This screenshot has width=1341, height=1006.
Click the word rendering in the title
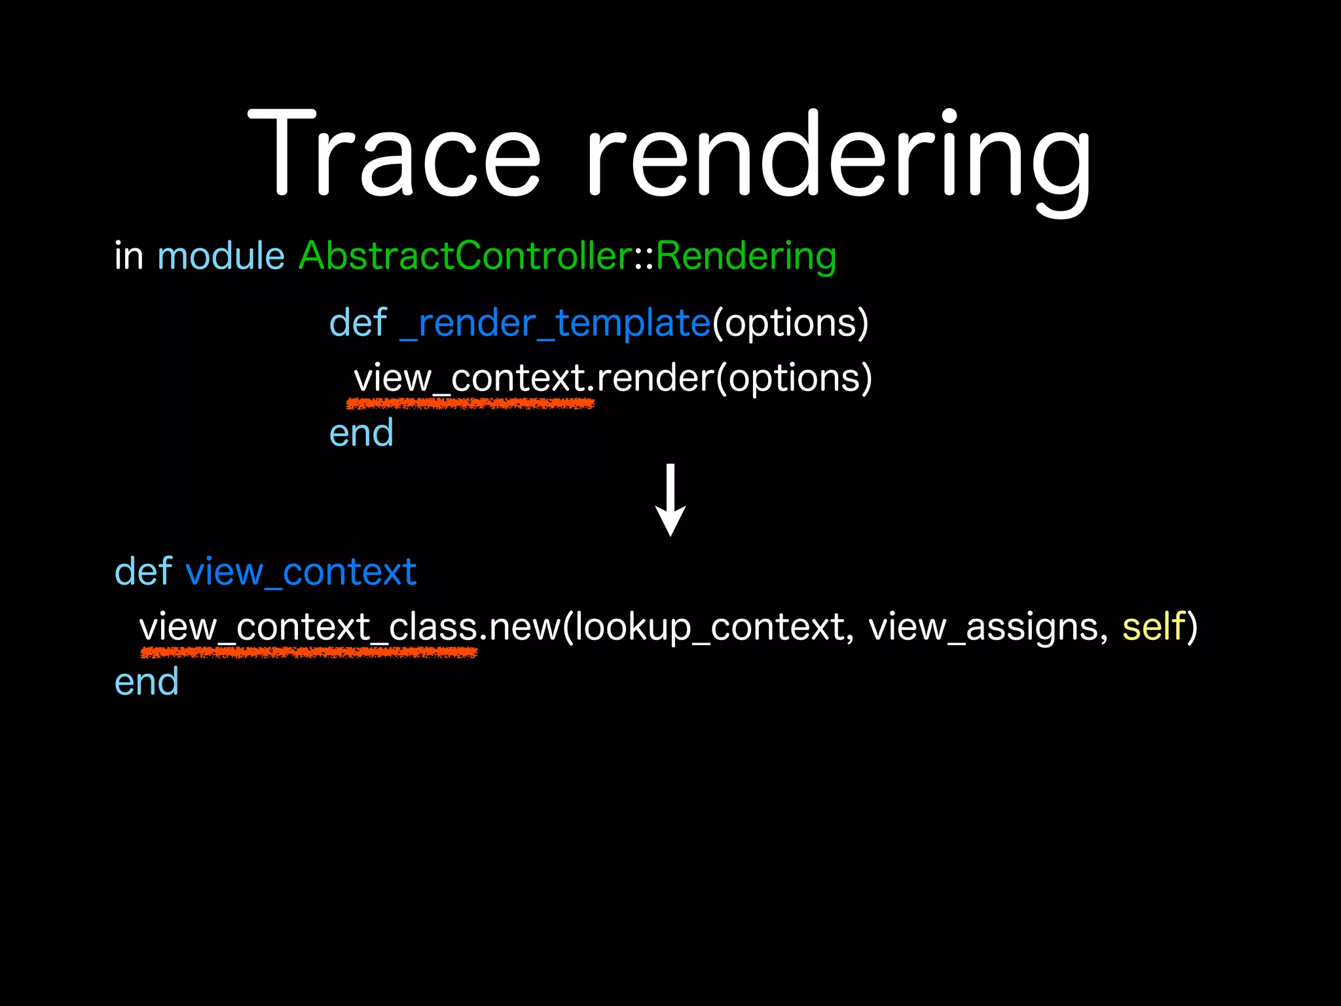click(x=838, y=157)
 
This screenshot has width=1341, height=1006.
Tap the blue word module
click(x=221, y=256)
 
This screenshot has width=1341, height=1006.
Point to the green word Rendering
click(x=746, y=256)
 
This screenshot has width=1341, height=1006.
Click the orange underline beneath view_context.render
click(x=470, y=404)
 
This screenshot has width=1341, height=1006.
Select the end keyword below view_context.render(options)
click(x=361, y=434)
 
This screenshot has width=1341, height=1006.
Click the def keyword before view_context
click(x=143, y=572)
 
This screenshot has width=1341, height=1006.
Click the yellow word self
click(x=1154, y=627)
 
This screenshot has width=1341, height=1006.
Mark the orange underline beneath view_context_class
click(x=308, y=652)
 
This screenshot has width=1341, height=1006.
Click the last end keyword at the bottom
click(x=146, y=682)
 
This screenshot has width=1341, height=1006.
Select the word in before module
click(x=128, y=256)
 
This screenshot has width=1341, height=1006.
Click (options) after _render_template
click(x=790, y=324)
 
